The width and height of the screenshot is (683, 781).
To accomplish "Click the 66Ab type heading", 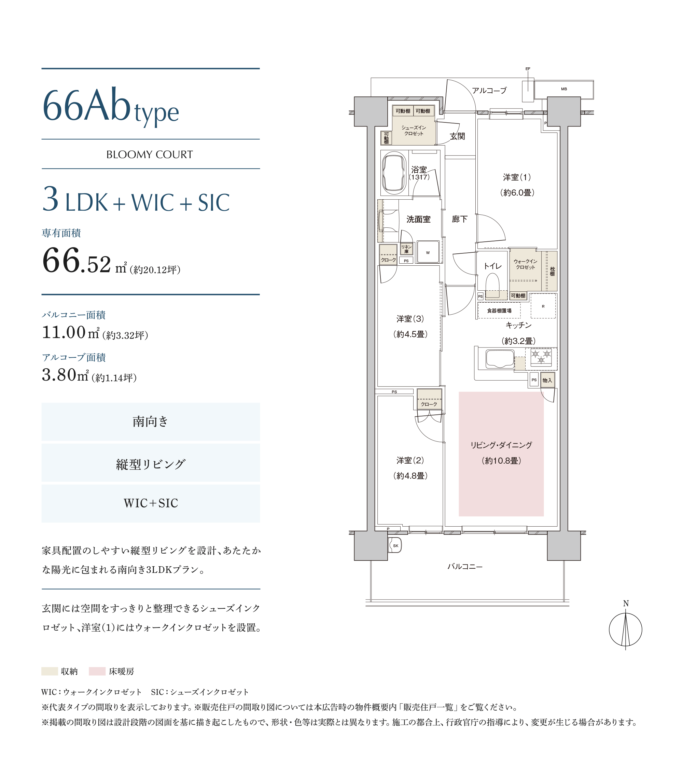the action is (x=111, y=106).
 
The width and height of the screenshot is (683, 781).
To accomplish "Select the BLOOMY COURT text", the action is (x=150, y=155).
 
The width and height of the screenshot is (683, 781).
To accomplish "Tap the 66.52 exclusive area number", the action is (x=76, y=261).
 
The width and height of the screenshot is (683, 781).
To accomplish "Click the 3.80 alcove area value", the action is (x=59, y=375).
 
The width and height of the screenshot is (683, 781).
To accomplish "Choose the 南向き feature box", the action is (x=151, y=422).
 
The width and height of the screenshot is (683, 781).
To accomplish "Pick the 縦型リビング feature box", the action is (x=151, y=464).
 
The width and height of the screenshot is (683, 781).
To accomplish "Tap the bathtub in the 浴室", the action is (x=394, y=173).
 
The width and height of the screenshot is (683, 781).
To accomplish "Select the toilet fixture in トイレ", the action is (x=492, y=285).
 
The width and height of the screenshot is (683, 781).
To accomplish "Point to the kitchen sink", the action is (x=500, y=359).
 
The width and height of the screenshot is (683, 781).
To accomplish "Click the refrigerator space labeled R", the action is (x=543, y=306).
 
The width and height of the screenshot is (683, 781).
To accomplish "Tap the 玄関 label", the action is (x=457, y=136).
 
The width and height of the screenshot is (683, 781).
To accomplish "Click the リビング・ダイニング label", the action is (x=501, y=445).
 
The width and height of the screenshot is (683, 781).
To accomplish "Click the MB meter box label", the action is (x=564, y=89).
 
